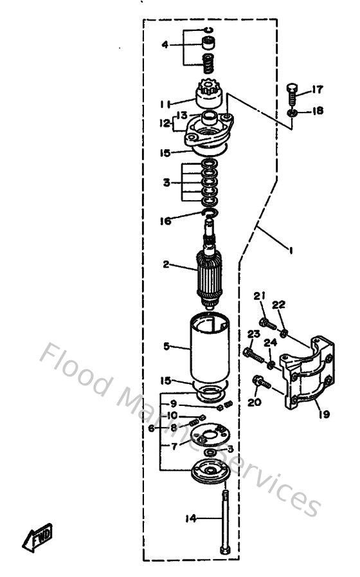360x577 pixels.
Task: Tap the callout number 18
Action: tap(319, 111)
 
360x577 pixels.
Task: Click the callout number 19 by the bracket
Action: tap(323, 414)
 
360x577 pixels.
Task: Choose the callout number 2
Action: tap(166, 264)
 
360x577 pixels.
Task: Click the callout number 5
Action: tap(166, 347)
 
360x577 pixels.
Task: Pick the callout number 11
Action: tap(165, 102)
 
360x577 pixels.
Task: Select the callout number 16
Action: tap(165, 221)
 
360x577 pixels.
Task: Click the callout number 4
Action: tap(165, 45)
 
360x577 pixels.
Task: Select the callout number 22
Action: tap(280, 304)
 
